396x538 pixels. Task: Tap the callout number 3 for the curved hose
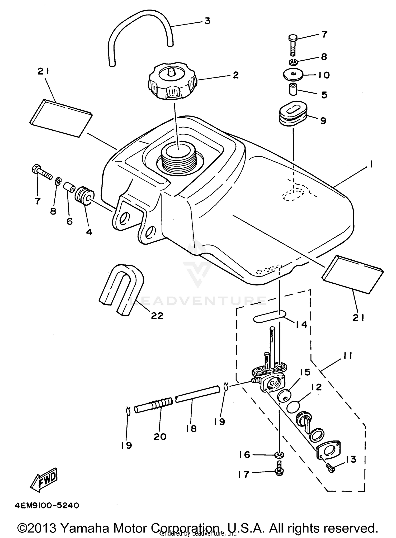[208, 21]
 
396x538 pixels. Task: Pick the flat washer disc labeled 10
[293, 75]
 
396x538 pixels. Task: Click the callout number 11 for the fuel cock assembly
[347, 356]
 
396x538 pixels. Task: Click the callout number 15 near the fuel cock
[305, 372]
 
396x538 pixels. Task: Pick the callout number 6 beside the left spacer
[69, 221]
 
